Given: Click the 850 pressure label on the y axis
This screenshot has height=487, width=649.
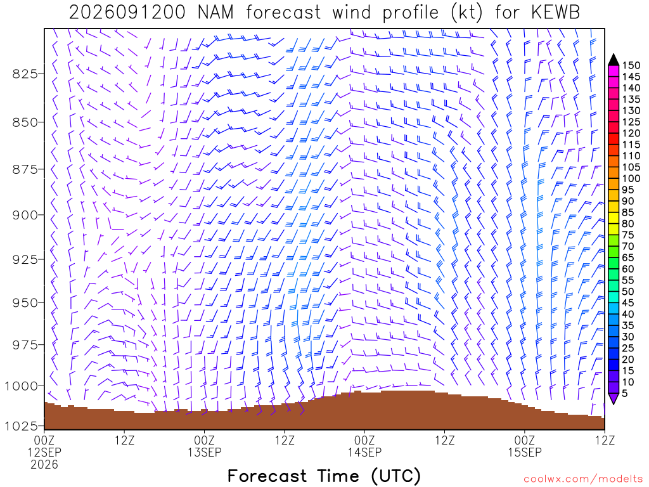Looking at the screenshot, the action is point(24,122).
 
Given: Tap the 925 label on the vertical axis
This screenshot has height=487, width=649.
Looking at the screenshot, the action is point(24,259).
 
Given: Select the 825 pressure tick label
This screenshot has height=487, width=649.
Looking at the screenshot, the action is point(24,74).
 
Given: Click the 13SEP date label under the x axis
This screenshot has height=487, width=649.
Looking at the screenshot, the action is point(205,452).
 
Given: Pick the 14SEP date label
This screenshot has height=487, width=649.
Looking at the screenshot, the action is point(364,452).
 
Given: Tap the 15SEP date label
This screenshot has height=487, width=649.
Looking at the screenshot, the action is point(525,452).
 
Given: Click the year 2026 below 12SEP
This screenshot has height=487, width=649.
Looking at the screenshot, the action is point(44,465).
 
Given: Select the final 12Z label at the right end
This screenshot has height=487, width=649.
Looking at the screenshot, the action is point(605,440).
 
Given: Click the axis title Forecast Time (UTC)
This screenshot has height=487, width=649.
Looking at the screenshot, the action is point(324,476).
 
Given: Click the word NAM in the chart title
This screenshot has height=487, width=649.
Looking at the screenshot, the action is point(215,13).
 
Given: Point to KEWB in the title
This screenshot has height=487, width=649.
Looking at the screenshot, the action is point(555,13).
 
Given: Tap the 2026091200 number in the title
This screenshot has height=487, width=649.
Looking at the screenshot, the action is point(127,13).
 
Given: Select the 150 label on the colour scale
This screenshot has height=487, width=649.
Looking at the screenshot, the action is point(631,65).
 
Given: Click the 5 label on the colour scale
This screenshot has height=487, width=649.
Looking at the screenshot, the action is point(624,393).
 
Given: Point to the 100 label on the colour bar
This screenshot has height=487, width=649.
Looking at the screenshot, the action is point(631,178).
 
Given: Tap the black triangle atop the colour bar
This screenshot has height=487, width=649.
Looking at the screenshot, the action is point(614,60).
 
